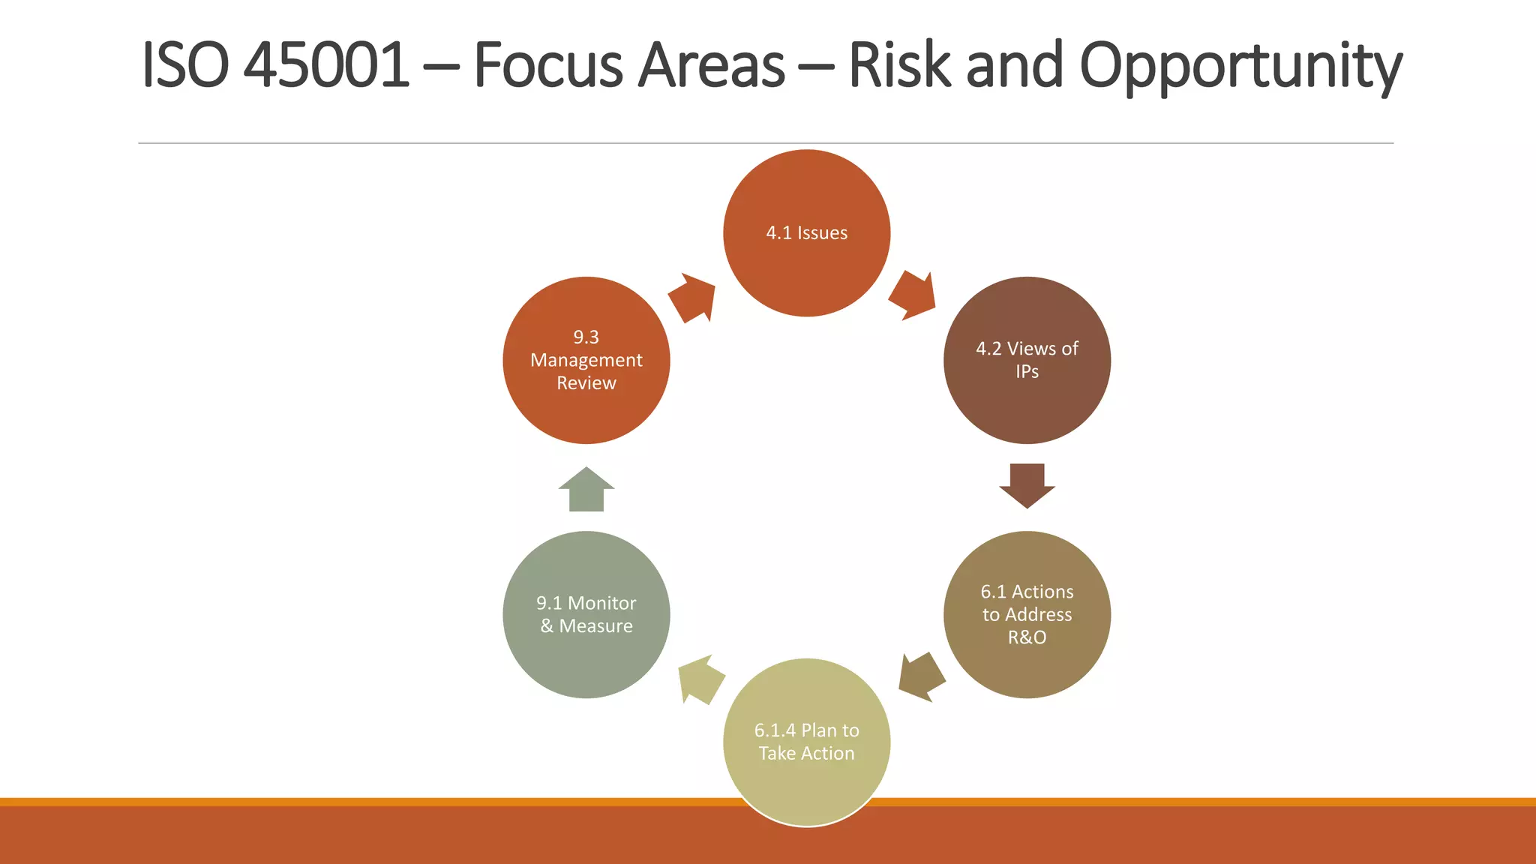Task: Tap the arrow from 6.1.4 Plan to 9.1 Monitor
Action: (700, 679)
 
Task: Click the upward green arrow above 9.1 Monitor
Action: (586, 490)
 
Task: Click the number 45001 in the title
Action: (327, 65)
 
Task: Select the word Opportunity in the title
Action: (1240, 67)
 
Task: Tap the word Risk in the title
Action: (900, 65)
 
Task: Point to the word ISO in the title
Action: (184, 65)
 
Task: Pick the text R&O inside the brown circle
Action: (1027, 637)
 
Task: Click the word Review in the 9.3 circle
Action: (586, 383)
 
